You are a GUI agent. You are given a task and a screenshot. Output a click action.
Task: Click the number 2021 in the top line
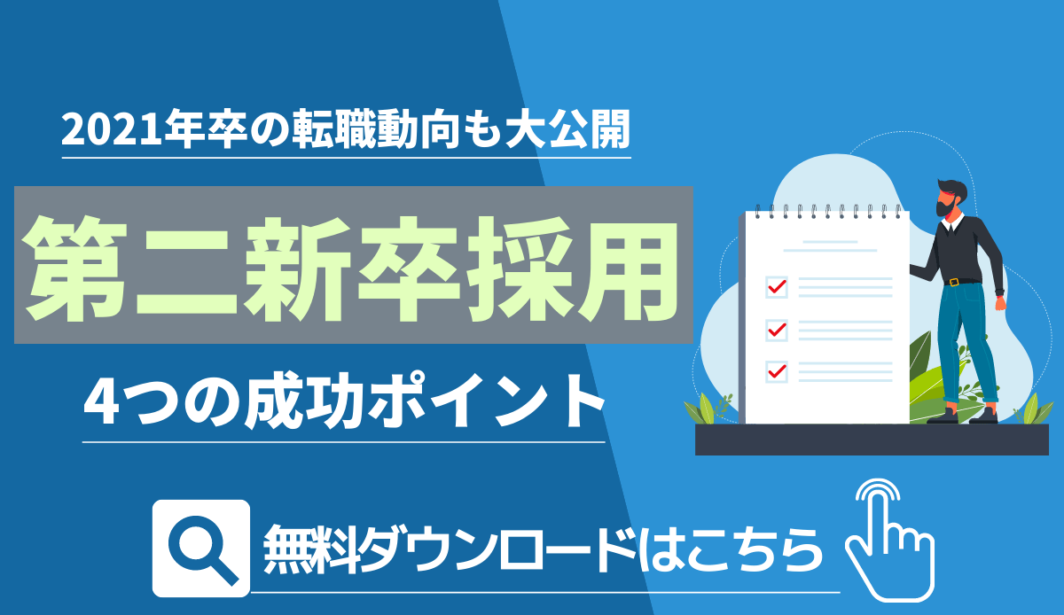coord(112,130)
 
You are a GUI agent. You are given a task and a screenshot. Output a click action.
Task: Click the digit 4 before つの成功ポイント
coord(101,401)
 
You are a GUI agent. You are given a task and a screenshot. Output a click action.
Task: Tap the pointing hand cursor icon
coord(889,540)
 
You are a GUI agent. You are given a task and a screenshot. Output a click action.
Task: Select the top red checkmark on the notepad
coord(777,286)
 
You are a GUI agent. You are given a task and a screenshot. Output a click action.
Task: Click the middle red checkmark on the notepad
coord(777,329)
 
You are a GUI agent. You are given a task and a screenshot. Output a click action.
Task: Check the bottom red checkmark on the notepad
coord(777,370)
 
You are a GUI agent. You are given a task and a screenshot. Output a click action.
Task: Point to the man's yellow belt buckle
coord(954,282)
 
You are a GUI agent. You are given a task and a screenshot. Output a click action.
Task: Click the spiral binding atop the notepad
coord(827,211)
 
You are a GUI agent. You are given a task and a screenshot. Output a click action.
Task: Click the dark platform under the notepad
coord(872,440)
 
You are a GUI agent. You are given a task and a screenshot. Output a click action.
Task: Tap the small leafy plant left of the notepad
coord(707,409)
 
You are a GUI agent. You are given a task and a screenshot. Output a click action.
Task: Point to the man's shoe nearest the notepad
coord(943,416)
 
